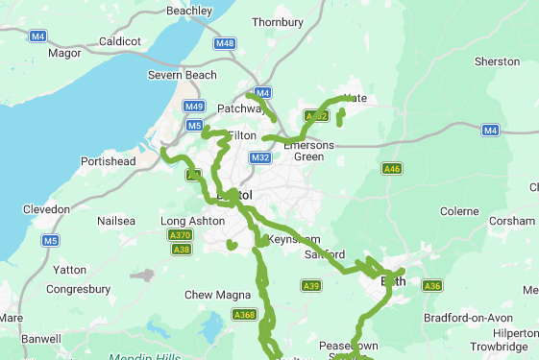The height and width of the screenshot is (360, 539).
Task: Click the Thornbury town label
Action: (x=278, y=21)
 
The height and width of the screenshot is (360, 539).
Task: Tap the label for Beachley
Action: (x=189, y=11)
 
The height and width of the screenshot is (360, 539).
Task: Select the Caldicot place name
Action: (x=120, y=42)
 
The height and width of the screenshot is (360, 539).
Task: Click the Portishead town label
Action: (x=109, y=161)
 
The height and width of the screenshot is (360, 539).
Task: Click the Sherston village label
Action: (x=497, y=60)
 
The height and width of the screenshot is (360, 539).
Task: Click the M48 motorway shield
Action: (x=225, y=43)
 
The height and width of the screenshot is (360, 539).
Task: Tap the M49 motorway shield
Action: (x=194, y=106)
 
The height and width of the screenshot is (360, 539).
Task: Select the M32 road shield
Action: (x=260, y=157)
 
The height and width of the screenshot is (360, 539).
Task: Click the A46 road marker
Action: (x=391, y=169)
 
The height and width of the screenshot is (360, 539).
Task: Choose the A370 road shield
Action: (x=180, y=235)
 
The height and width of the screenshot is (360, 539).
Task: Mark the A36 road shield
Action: (x=432, y=286)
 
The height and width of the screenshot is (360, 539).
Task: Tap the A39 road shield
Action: (x=311, y=286)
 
